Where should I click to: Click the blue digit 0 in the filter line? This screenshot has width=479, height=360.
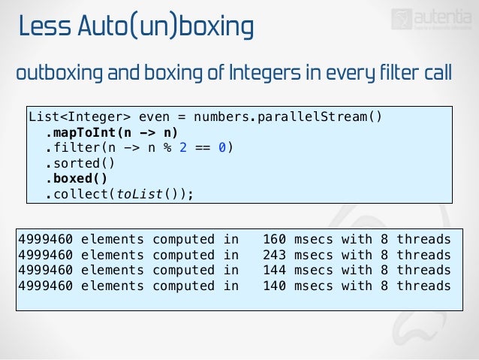coord(221,147)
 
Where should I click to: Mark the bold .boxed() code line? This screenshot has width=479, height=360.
coord(76,179)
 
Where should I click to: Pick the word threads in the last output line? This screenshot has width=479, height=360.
coord(424,286)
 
